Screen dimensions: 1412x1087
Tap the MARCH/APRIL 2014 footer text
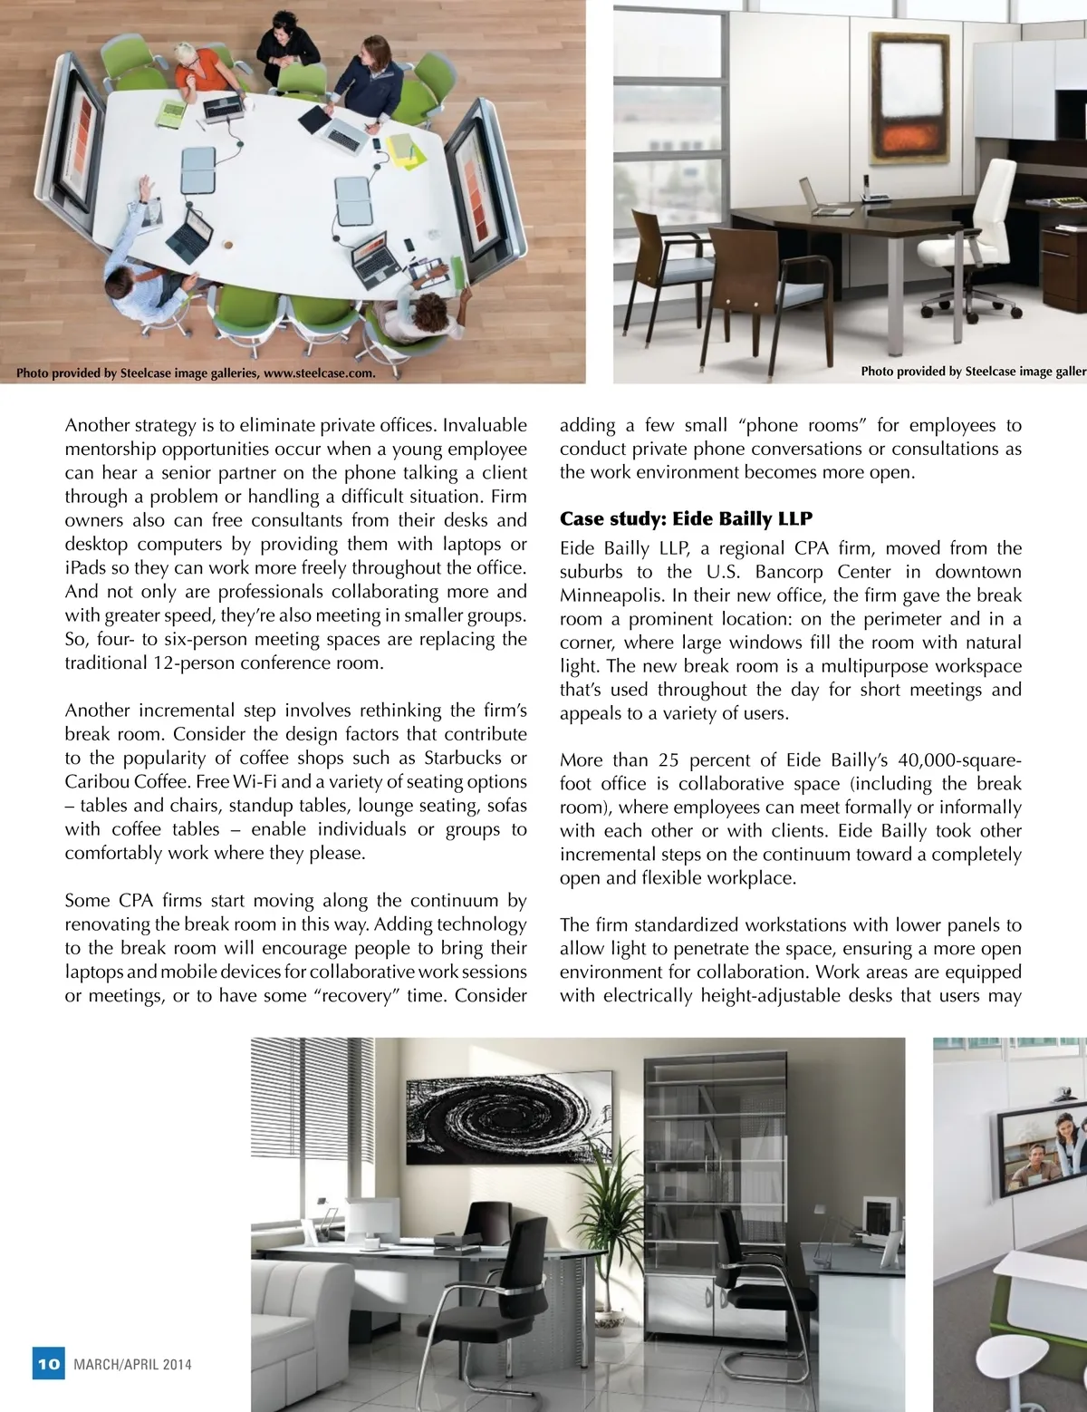pos(132,1365)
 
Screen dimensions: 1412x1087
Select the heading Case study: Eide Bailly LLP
pos(686,519)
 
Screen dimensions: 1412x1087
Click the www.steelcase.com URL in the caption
pos(319,372)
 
